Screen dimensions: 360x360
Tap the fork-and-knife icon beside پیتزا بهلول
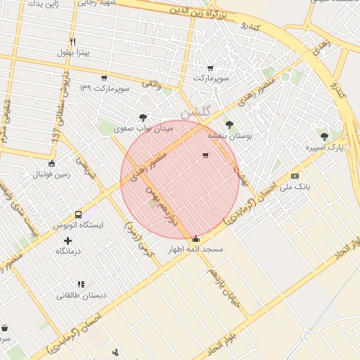(72, 41)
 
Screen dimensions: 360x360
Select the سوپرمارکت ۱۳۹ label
(105, 89)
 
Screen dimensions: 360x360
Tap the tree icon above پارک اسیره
(323, 136)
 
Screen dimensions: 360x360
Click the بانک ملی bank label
(295, 187)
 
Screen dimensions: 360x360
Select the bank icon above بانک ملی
(294, 176)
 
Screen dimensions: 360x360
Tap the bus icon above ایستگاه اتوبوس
(77, 214)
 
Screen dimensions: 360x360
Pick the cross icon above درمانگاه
(67, 240)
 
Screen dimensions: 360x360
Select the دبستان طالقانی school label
(82, 295)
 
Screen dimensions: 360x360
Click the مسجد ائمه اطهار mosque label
(195, 250)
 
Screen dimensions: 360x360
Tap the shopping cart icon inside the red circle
(205, 155)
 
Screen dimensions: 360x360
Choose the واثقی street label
(152, 84)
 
